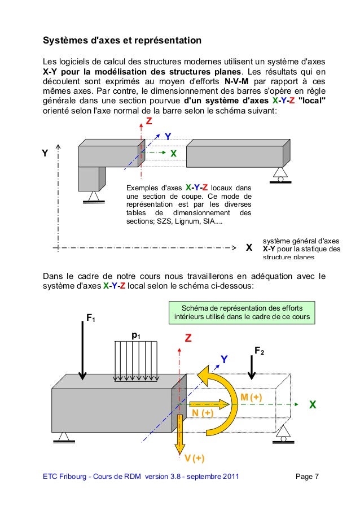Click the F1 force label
pos(90,318)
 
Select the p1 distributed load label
pos(136,335)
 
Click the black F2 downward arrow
pos(252,368)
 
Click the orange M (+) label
pos(252,398)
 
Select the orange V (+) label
pos(195,457)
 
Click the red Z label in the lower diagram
pos(188,338)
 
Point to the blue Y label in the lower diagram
pos(224,359)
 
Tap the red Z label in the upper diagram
pos(149,122)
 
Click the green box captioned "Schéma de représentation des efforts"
pos(242,312)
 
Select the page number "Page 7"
pos(308,478)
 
